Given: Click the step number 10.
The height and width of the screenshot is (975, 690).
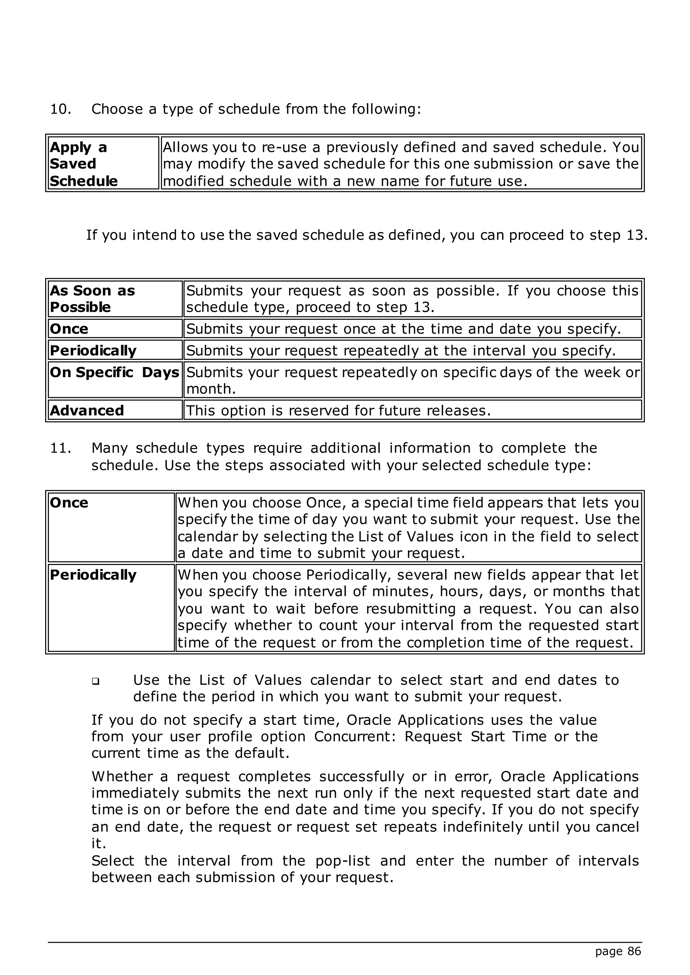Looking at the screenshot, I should click(x=60, y=109).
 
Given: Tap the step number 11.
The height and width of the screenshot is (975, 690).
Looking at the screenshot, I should click(x=60, y=448).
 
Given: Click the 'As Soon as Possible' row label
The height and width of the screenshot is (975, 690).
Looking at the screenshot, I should click(x=92, y=299).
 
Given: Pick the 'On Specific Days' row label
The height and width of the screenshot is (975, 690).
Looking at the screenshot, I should click(x=114, y=372).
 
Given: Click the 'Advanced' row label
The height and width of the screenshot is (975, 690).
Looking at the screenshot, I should click(x=87, y=411).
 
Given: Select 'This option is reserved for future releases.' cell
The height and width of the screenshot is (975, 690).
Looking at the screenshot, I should click(x=338, y=411).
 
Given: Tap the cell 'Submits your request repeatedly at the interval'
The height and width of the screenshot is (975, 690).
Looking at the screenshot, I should click(x=401, y=351).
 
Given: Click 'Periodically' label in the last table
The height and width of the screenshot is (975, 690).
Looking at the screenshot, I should click(x=93, y=575).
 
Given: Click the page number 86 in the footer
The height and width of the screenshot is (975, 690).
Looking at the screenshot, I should click(x=634, y=951).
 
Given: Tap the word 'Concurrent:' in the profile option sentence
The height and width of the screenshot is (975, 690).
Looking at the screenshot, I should click(x=355, y=736).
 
